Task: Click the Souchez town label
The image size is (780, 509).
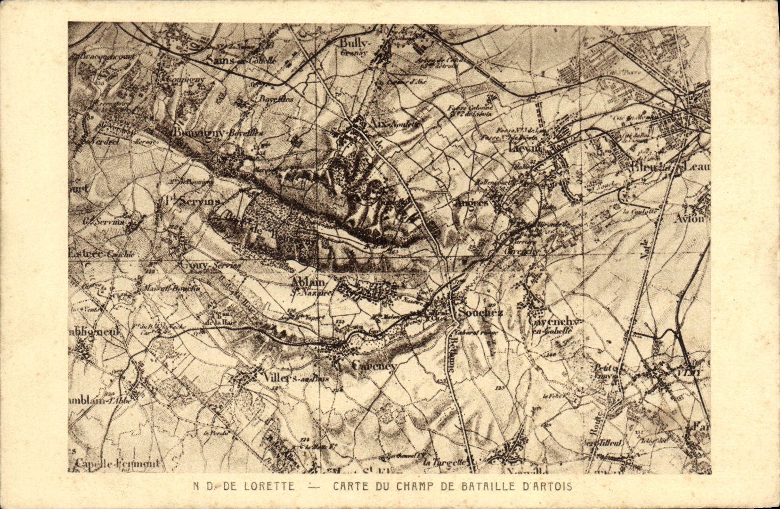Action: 480,312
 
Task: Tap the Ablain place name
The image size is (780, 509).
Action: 309,282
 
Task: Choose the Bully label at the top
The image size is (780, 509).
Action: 356,43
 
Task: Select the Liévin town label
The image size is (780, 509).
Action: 526,148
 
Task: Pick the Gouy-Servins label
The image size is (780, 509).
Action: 210,265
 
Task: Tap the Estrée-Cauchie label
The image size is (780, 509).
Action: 102,254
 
